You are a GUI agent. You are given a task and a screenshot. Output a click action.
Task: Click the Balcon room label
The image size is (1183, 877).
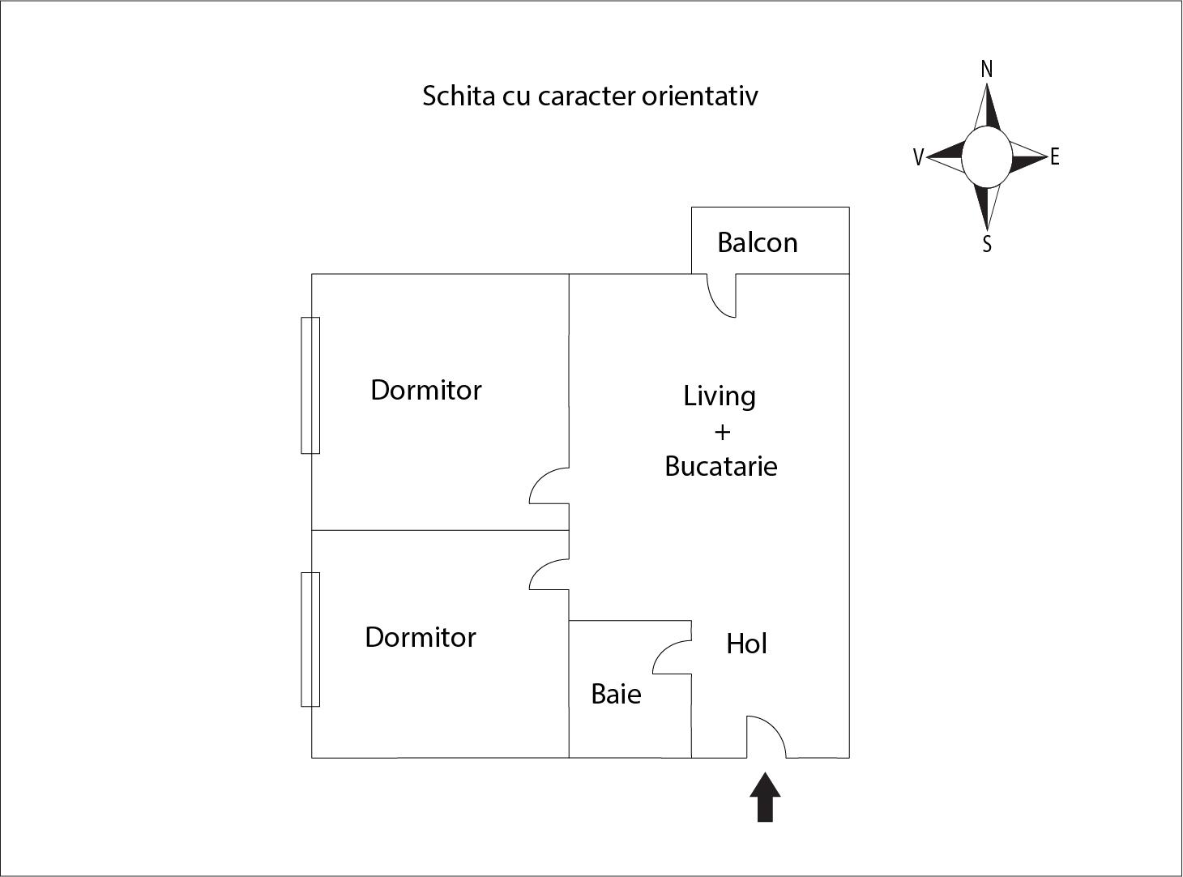pos(757,242)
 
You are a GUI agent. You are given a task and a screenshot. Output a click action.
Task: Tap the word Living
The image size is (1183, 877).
pos(719,396)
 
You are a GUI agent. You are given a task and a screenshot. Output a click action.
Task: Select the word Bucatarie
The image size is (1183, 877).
pos(720,466)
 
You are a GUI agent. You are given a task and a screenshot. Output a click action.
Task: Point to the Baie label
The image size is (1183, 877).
pos(616,694)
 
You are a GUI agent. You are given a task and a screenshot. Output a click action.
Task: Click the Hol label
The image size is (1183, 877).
pos(746,644)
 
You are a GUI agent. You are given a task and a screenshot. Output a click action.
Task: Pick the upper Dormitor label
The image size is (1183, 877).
pos(425,390)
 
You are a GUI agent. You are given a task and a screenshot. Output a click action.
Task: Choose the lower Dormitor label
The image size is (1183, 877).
pos(420,637)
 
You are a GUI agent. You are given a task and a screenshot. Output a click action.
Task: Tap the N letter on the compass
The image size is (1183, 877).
pos(986,70)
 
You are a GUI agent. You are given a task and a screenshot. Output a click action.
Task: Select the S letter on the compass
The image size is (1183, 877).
pos(987,244)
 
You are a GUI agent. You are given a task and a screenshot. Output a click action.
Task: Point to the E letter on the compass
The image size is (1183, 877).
pos(1054,157)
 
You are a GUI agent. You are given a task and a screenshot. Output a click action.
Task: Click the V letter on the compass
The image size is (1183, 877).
pos(918,157)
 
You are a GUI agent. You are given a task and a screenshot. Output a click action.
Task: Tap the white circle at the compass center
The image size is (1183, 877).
pos(986,157)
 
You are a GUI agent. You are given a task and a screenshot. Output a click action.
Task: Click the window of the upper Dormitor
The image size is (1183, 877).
pos(310,385)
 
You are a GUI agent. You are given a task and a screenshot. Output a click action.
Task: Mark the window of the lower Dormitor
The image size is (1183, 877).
pos(310,639)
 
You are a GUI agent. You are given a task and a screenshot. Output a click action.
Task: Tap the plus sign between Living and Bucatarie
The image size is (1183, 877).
pos(721,431)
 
